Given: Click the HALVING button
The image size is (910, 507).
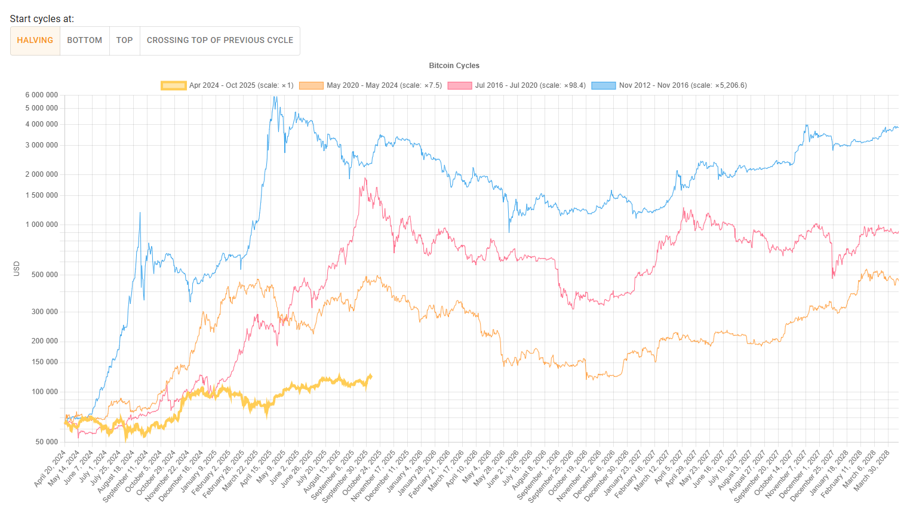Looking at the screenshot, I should coord(35,41).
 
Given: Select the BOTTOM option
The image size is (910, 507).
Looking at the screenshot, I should coord(85,41).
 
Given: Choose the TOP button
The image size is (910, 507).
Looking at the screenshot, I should coord(125,41).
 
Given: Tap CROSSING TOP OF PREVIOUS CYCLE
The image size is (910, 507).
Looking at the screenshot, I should coord(220,41).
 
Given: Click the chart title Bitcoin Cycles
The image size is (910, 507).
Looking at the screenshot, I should coord(454,66).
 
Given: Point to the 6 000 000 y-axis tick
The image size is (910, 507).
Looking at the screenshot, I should coord(42,95).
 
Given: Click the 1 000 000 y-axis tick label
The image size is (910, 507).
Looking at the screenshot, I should coord(42,225).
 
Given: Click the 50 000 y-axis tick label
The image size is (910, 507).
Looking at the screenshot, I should coord(47,442).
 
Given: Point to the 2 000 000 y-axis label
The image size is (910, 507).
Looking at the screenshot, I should coord(42,174).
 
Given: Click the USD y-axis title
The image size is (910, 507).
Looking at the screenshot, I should coord(17,269).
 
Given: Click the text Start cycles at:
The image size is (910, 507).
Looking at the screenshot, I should coord(42,19).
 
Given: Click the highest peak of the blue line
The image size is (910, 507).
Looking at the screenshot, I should coord(274,97).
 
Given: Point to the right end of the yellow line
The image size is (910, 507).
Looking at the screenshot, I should coord(371,376).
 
